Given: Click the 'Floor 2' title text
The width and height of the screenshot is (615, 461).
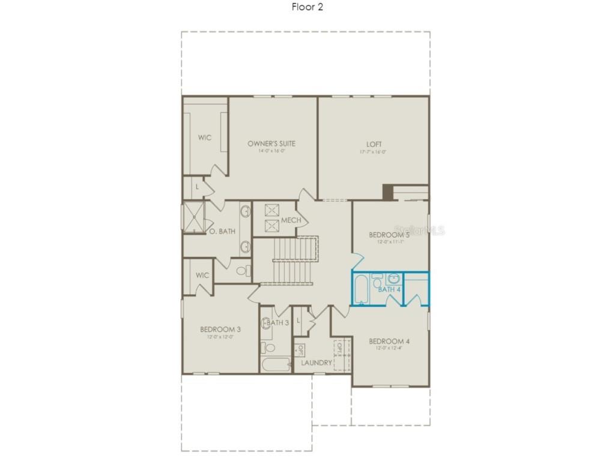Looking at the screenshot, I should (x=307, y=7).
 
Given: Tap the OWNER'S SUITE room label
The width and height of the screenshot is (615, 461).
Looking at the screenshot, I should (x=271, y=143).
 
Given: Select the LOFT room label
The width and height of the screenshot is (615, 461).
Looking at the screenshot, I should (x=374, y=144).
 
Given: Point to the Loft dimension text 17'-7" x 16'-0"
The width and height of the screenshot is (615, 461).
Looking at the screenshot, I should (x=372, y=152).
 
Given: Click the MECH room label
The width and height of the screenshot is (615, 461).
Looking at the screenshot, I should (x=291, y=220).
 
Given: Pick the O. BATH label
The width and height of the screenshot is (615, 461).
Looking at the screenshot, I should (x=222, y=231).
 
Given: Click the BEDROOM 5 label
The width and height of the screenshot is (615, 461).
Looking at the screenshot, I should (x=389, y=235).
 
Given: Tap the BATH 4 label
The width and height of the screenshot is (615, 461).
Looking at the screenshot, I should (x=389, y=289).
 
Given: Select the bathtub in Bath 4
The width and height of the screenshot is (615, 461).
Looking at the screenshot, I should (x=361, y=289).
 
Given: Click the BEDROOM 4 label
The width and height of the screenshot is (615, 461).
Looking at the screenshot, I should (x=389, y=342).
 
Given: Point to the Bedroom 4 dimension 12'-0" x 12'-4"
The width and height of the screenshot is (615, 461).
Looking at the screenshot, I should (x=389, y=349).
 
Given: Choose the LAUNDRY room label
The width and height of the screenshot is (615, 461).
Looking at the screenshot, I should (x=317, y=363).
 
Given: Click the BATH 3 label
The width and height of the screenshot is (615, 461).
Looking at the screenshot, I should (x=278, y=322).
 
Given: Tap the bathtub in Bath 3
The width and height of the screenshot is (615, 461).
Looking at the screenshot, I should (x=275, y=364).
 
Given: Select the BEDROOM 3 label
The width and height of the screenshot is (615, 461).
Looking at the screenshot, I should (x=220, y=330).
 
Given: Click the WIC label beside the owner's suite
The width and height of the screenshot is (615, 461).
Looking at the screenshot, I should (x=205, y=137).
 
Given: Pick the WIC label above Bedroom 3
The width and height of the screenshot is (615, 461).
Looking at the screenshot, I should (x=202, y=276).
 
